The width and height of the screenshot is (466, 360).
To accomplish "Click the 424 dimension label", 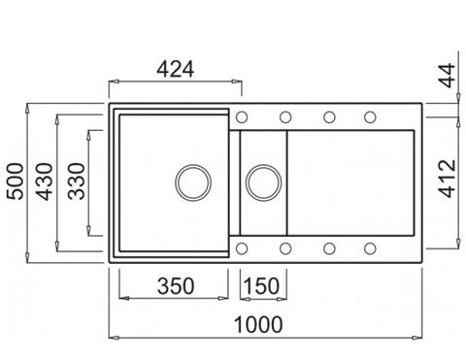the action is pos(176,69).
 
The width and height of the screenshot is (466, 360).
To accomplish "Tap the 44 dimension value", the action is pos(449,76).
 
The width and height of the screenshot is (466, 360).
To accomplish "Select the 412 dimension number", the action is pos(449,179).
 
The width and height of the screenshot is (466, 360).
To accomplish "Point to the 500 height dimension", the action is pos(16,181).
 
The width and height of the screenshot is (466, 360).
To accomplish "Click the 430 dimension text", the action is pos(45,181).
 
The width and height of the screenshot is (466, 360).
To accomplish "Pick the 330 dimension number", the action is pos(77,181).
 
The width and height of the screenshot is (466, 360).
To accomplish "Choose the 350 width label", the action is pos(176,286).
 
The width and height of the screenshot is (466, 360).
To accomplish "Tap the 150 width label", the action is pos(261,286).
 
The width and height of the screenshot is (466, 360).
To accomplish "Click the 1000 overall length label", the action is pos(258,324).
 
